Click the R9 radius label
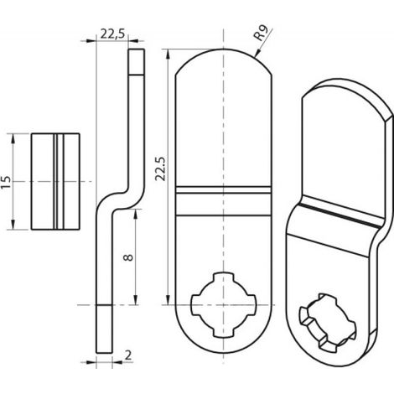tap(261, 34)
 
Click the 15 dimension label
tap(6, 182)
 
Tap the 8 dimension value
tap(128, 257)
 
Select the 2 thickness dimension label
tap(128, 355)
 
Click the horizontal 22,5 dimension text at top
tap(112, 34)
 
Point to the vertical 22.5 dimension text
tap(161, 168)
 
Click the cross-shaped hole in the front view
tap(223, 304)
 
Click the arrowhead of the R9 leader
tap(257, 53)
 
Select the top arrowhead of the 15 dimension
tap(13, 139)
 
